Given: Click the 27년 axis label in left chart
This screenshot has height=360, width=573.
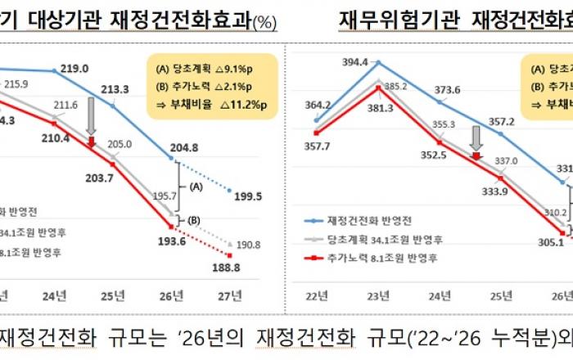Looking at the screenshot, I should click(x=232, y=294).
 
